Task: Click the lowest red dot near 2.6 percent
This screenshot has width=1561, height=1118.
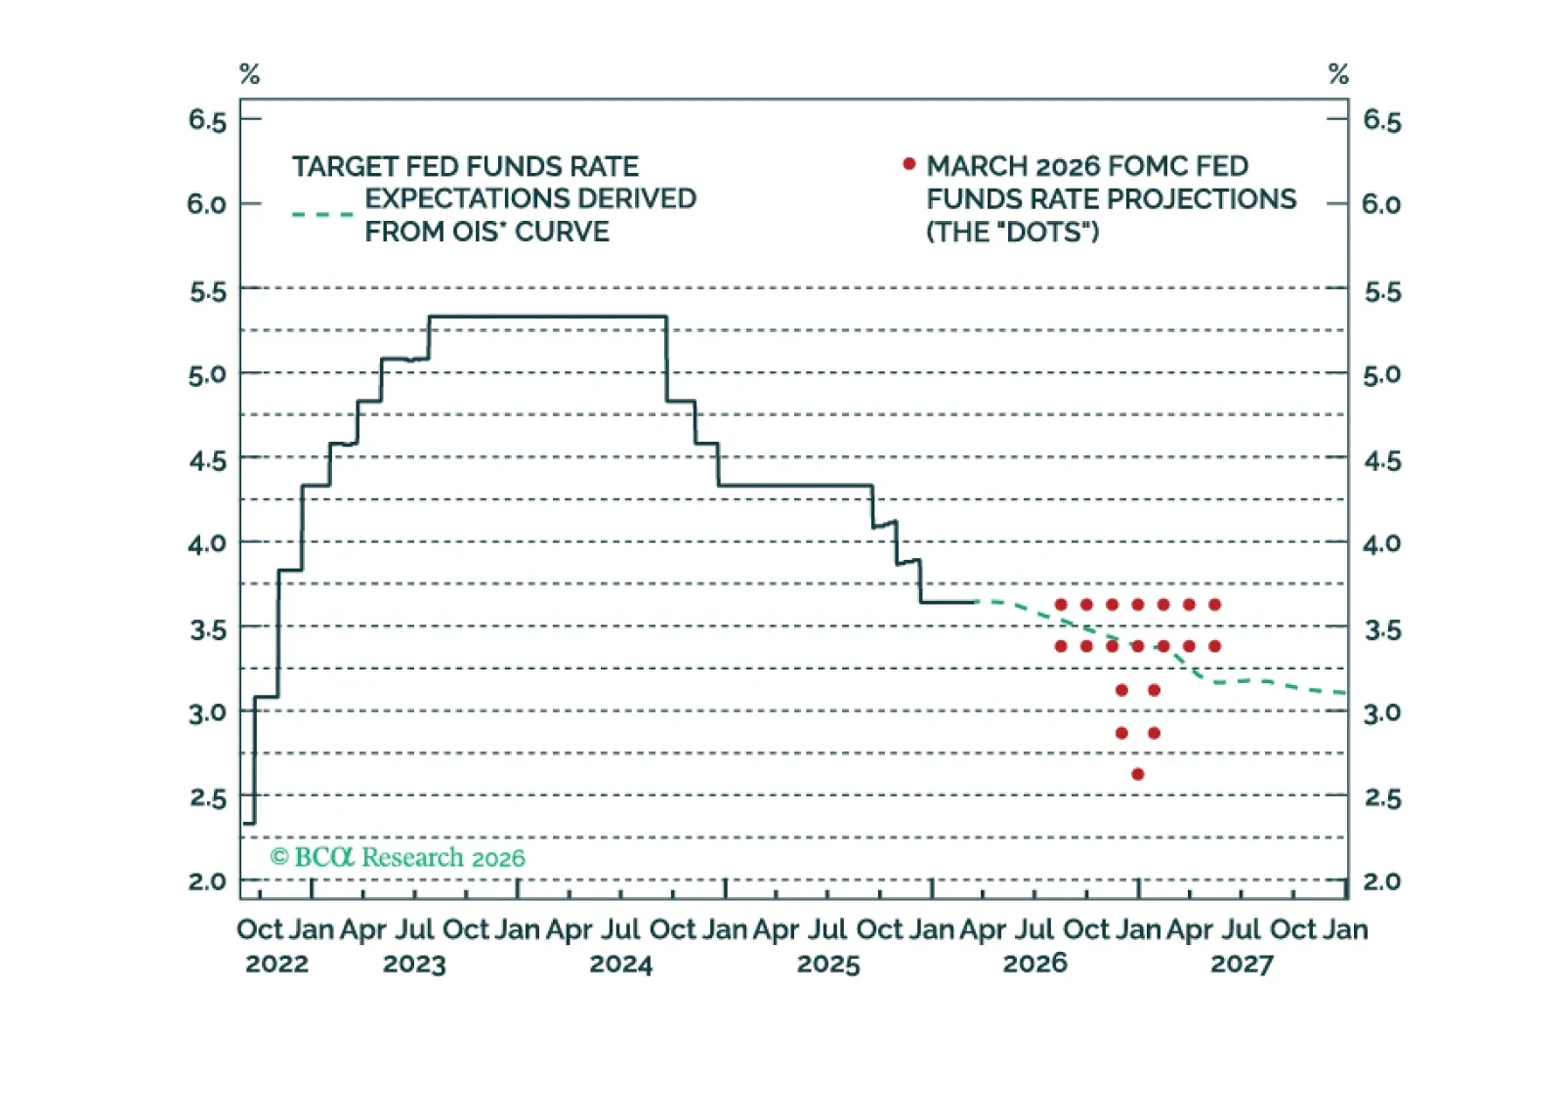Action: click(x=1137, y=774)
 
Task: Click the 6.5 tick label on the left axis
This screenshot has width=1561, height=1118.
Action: click(x=207, y=120)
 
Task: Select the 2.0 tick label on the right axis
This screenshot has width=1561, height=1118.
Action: click(x=1381, y=881)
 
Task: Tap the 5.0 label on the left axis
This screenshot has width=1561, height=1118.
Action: click(x=207, y=374)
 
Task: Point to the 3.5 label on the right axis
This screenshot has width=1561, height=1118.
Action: click(x=1382, y=629)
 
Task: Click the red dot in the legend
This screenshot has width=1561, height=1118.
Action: click(x=908, y=164)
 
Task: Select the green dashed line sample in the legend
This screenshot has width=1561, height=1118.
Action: click(x=322, y=214)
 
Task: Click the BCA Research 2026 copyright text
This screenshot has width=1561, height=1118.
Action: click(x=398, y=857)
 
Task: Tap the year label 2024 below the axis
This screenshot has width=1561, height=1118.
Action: click(x=620, y=965)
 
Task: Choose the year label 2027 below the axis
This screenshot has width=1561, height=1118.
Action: click(x=1242, y=965)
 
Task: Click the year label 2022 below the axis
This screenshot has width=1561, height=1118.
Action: click(x=276, y=965)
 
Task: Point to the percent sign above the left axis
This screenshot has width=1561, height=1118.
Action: click(x=249, y=74)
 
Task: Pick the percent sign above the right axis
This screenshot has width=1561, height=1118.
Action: click(x=1338, y=74)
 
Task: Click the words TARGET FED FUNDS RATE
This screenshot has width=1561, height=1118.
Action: click(x=465, y=167)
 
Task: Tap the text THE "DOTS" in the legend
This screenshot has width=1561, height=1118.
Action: click(x=1013, y=232)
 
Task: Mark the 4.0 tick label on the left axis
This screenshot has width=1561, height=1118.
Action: click(x=207, y=543)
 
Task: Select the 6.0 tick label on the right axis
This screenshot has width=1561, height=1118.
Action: click(x=1381, y=204)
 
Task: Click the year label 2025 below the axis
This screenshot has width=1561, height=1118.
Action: click(x=828, y=965)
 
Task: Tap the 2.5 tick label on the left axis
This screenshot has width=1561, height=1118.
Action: click(x=207, y=797)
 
